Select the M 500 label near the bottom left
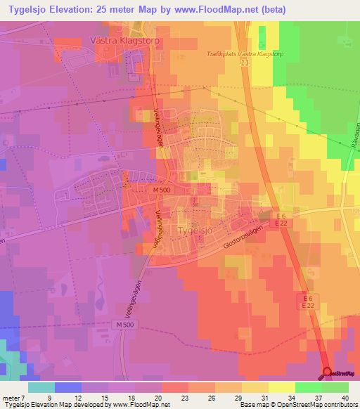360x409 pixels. click(126, 325)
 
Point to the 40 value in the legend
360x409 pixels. click(345, 398)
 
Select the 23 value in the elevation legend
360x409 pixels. click(164, 398)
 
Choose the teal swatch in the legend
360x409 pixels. click(41, 387)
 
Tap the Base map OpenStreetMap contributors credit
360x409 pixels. click(300, 405)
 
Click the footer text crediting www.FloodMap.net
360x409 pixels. click(85, 405)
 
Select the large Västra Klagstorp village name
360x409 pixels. click(125, 41)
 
